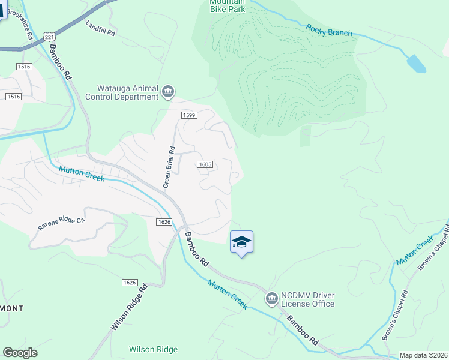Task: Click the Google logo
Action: [20, 353]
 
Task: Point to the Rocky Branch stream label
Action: [328, 30]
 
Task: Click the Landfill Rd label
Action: [100, 29]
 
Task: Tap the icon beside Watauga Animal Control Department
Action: [168, 92]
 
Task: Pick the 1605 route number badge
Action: [205, 164]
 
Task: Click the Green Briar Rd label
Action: [170, 167]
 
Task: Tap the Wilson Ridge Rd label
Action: [129, 307]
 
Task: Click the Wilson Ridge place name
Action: [153, 349]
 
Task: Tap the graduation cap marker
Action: [241, 242]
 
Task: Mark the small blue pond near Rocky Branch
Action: [416, 63]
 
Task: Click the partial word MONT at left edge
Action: [12, 308]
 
